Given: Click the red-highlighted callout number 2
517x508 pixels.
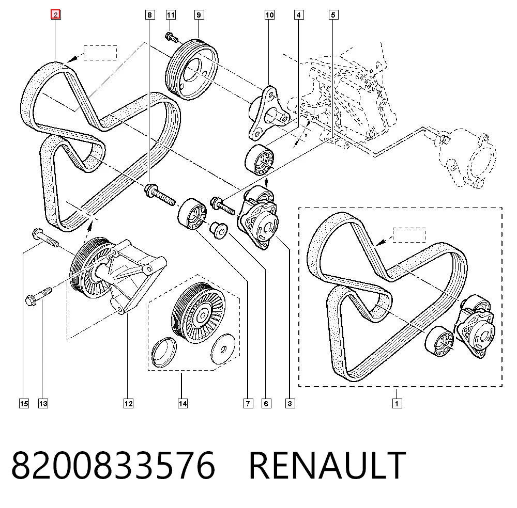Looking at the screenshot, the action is click(x=55, y=14).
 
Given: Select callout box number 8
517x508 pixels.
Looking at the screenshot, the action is click(x=150, y=15).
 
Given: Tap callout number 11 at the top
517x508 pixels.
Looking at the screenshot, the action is click(x=171, y=15).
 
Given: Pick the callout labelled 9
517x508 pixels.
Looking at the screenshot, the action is click(x=199, y=15).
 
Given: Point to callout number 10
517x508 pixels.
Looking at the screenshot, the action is click(x=269, y=15).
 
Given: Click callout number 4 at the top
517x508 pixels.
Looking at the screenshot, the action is click(x=299, y=15).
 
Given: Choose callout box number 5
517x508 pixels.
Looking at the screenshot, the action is click(x=333, y=15).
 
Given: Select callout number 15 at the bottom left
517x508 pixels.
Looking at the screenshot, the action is click(x=24, y=403).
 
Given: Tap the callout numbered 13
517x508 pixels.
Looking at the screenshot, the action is click(x=43, y=403).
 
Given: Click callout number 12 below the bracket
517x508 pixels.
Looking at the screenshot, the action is click(x=128, y=403).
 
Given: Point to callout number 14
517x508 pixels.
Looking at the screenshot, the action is click(x=183, y=403).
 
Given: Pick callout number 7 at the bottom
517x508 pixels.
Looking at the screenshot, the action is click(x=248, y=403).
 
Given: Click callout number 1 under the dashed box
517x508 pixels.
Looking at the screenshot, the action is click(x=397, y=403).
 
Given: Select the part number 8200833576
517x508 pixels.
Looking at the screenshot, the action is click(x=113, y=465).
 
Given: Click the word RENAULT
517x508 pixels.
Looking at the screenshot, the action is click(x=327, y=465).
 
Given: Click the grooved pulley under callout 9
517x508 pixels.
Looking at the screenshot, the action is click(x=192, y=69).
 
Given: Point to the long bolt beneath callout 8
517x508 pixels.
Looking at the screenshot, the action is click(x=160, y=195).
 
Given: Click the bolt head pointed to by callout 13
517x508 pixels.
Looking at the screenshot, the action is click(x=31, y=300).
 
